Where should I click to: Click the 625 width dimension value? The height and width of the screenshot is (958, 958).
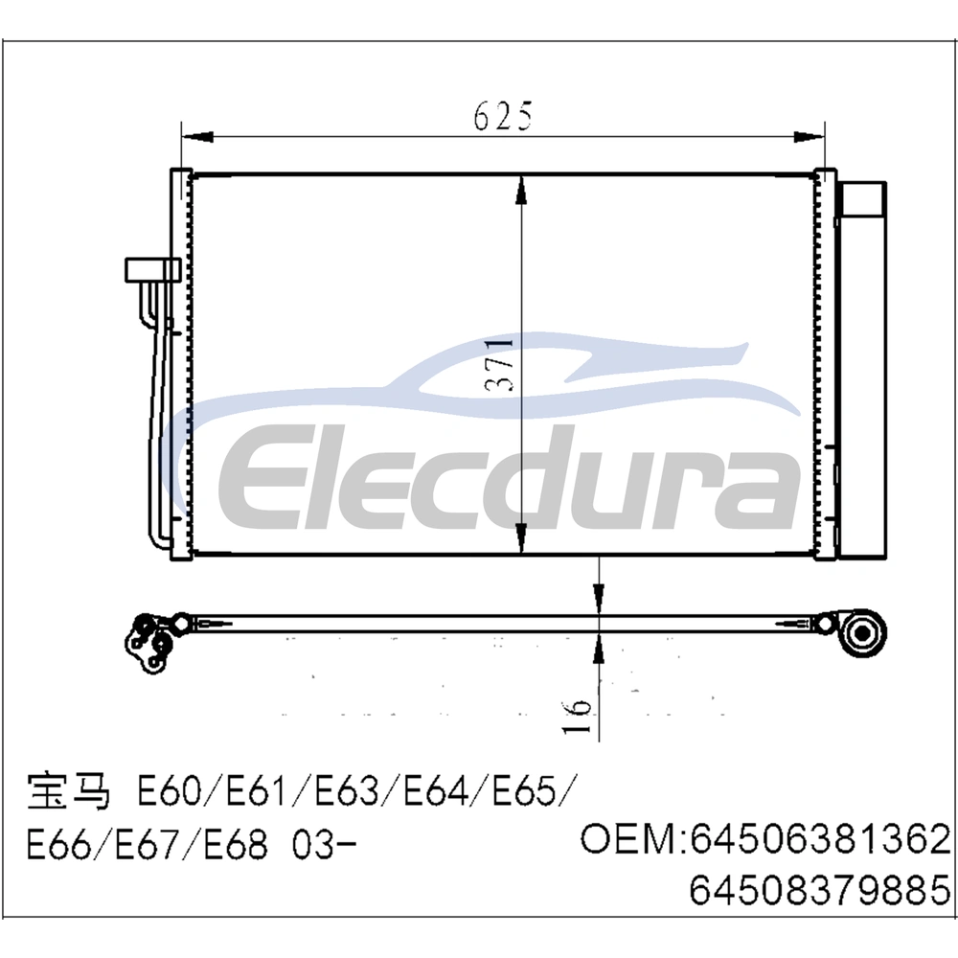click(504, 116)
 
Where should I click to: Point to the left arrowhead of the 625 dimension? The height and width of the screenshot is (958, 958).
click(197, 137)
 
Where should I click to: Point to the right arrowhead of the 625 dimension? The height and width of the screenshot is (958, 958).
click(809, 137)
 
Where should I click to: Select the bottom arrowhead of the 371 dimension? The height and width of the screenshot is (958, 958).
click(521, 538)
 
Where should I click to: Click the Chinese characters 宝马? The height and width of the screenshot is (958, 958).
click(68, 792)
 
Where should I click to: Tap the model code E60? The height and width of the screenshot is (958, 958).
click(169, 793)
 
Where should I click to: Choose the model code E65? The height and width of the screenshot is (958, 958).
click(525, 793)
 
